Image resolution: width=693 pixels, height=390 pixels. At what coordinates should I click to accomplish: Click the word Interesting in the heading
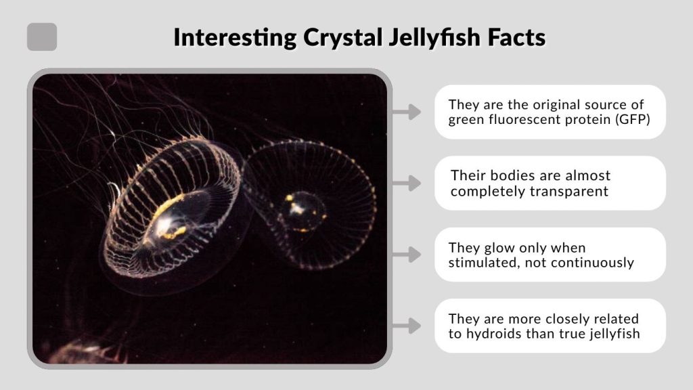tap(235, 37)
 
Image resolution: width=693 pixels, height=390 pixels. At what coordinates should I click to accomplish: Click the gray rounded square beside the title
tap(42, 37)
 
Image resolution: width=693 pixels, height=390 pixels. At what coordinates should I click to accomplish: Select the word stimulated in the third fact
tap(481, 262)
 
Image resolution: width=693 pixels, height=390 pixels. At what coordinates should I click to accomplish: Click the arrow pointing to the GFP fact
tap(407, 112)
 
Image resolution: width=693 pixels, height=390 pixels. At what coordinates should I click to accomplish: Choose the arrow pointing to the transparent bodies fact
tap(407, 183)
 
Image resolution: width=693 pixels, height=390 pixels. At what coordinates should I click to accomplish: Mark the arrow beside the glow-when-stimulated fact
tap(407, 255)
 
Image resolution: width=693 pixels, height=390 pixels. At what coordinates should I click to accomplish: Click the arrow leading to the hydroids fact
tap(407, 326)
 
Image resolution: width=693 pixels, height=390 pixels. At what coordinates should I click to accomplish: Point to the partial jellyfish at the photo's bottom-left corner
tap(78, 351)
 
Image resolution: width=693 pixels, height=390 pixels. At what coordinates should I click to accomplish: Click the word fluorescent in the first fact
tap(520, 120)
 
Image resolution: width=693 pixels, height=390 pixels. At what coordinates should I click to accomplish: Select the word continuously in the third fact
tap(596, 262)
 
